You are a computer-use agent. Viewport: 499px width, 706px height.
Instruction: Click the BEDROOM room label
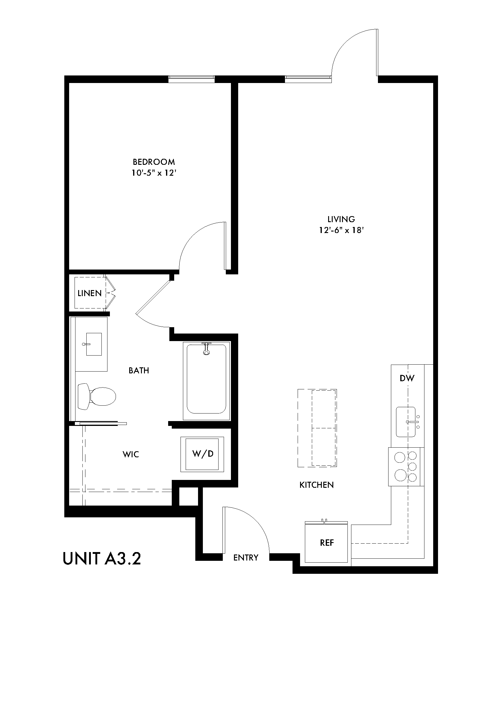click(x=154, y=162)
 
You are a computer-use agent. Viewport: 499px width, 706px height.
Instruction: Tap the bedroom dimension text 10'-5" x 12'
click(x=154, y=173)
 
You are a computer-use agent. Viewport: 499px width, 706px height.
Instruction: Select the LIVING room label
click(x=341, y=219)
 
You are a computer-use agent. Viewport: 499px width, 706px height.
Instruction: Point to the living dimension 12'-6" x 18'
click(x=341, y=230)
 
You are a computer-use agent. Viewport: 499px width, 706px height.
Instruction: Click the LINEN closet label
click(x=89, y=293)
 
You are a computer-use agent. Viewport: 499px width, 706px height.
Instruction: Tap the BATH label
click(x=139, y=371)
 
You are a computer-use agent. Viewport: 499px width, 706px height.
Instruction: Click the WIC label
click(x=131, y=454)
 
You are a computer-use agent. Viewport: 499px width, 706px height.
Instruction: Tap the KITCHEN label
click(x=316, y=485)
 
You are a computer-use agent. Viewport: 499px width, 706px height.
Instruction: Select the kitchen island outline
click(x=317, y=428)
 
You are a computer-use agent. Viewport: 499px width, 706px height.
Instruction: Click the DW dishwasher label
click(x=407, y=378)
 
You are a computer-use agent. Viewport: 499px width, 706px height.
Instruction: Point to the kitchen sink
click(x=406, y=422)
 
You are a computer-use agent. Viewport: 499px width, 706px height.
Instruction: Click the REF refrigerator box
click(x=327, y=543)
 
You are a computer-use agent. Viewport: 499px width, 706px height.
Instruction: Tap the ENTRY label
click(x=246, y=557)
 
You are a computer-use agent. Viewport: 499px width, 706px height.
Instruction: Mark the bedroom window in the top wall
click(x=191, y=79)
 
